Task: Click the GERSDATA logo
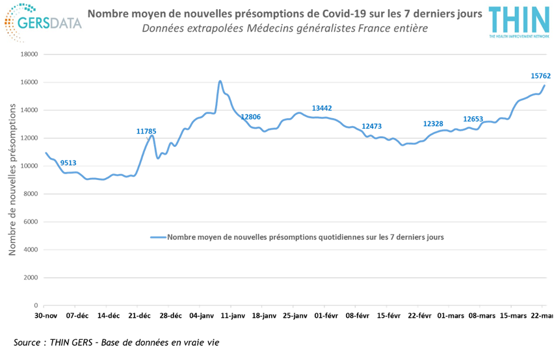pos(43,23)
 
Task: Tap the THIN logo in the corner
pos(519,22)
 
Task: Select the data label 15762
pos(540,76)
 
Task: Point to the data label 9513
pos(68,162)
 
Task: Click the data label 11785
pos(146,131)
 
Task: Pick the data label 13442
pos(322,108)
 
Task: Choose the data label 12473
pos(372,126)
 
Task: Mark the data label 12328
pos(433,123)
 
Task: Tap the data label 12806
pos(250,117)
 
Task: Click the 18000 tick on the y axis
pos(30,55)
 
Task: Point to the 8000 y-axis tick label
pos(31,194)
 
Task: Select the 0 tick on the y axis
pos(36,305)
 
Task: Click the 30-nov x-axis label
pos(46,316)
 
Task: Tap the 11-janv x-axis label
pos(233,316)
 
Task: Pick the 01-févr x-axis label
pos(326,316)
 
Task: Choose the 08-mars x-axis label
pos(482,316)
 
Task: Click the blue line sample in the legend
pos(158,237)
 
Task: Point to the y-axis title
pos(12,179)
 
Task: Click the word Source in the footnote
pos(27,342)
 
